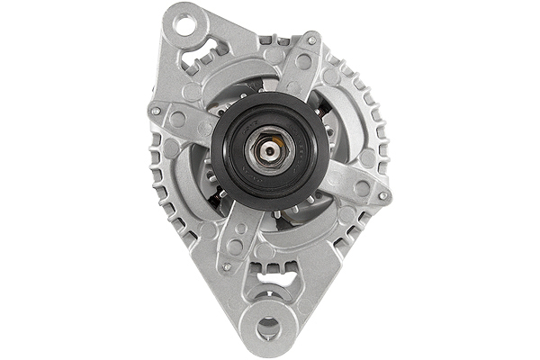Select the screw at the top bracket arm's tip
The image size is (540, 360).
312,41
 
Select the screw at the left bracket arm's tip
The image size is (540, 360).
155,111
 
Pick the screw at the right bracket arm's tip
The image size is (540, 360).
384,193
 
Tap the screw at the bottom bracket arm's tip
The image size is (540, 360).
226,265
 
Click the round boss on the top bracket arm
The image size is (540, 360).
304,62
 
